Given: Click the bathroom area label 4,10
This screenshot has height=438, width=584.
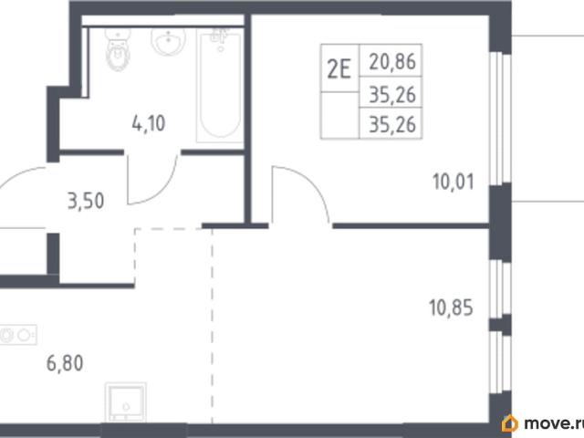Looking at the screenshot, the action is (x=149, y=123).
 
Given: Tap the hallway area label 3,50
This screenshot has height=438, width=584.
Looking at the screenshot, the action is (x=86, y=201).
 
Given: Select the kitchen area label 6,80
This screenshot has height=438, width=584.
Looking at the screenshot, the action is (x=65, y=363).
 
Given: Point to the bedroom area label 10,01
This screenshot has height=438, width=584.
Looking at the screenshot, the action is (x=454, y=182).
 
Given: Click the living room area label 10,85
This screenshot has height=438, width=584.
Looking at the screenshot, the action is (x=451, y=308).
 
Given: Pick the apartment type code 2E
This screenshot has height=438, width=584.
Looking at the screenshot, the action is (x=339, y=69).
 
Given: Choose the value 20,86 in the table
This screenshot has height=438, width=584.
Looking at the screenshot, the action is (x=392, y=61).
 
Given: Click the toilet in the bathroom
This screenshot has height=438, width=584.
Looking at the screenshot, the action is (x=118, y=48).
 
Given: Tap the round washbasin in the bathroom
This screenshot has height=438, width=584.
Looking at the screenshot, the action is (x=168, y=41).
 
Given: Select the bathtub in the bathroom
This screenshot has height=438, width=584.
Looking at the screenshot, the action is (x=220, y=86).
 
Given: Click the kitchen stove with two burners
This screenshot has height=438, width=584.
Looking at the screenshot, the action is (x=18, y=335).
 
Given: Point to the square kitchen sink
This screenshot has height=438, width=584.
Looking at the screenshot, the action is (x=126, y=402).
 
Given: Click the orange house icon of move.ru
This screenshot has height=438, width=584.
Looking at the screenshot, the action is (x=509, y=423).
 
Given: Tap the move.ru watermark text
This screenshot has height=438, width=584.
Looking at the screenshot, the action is (x=554, y=423).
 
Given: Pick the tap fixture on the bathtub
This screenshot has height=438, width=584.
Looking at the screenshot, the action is (x=219, y=38).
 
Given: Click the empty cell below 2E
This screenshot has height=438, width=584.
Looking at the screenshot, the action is (x=340, y=116).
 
